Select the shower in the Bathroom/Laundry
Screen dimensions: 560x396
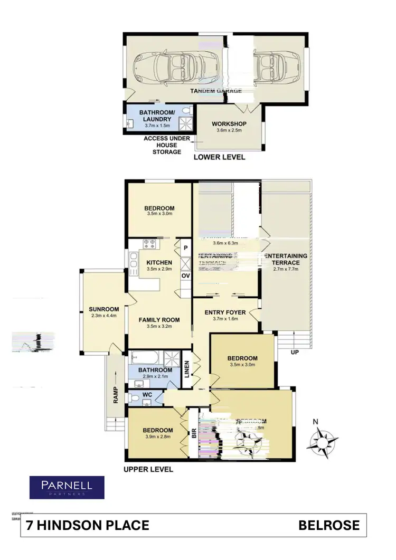[186, 124]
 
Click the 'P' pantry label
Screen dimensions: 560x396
[185, 246]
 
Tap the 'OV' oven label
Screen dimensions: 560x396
[185, 276]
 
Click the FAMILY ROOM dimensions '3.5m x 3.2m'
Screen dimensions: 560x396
[159, 326]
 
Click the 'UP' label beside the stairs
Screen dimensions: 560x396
[295, 352]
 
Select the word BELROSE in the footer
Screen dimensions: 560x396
[328, 525]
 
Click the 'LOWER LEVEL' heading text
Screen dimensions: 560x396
[219, 157]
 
